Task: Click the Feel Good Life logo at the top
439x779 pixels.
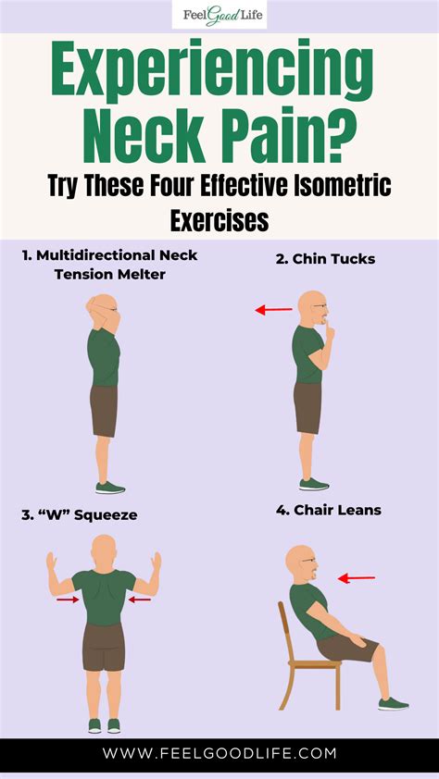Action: tap(219, 16)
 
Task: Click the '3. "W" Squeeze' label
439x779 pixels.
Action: tap(79, 514)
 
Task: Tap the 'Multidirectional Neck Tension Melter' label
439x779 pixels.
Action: tap(110, 263)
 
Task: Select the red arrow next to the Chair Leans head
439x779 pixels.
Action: tap(357, 578)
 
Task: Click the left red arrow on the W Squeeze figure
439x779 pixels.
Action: tap(67, 600)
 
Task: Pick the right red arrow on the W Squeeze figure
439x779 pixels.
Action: tap(140, 600)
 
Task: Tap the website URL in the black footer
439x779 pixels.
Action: tap(219, 754)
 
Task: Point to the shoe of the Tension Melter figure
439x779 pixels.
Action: tap(109, 488)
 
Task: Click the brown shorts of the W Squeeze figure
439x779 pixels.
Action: tap(103, 646)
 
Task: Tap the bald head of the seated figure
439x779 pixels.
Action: tap(299, 561)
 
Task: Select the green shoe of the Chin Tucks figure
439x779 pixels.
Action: tap(314, 484)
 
